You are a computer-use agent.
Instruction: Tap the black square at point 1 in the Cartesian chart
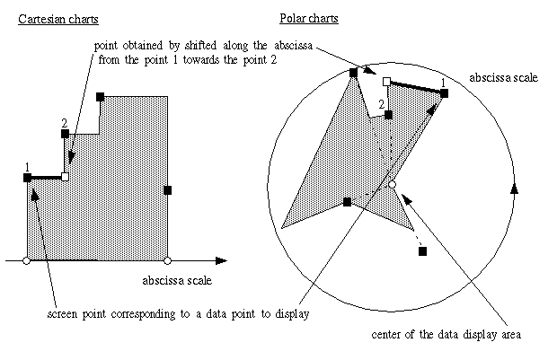28,178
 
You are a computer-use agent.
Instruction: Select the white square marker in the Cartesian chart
65,178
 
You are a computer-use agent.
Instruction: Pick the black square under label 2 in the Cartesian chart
65,134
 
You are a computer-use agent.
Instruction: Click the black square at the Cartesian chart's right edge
168,189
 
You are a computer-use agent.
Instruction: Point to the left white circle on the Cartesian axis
26,260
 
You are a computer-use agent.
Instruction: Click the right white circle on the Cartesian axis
168,260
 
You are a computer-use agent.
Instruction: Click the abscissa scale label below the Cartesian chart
177,281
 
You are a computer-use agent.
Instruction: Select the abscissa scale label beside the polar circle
504,78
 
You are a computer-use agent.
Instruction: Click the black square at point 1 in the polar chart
444,92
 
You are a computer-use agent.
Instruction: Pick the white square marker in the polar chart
386,82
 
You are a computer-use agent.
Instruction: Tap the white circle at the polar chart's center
391,185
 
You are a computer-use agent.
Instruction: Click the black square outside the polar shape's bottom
422,250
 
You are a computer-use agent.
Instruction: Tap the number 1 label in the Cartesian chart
28,166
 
